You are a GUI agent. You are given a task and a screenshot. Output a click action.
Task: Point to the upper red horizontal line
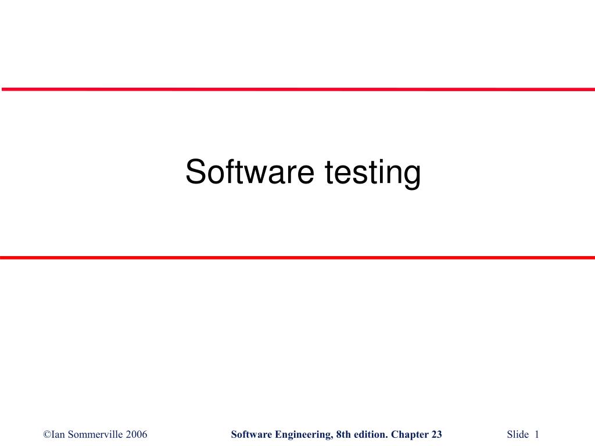tap(297, 89)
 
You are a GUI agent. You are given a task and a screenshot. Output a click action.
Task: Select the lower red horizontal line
tap(297, 257)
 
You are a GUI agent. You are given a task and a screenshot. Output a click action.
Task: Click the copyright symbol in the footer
tap(47, 434)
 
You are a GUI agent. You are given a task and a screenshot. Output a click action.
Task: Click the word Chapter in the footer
tap(410, 434)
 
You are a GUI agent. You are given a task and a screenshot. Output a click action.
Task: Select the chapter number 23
tap(437, 434)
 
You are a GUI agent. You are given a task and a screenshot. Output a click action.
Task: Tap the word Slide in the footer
tap(518, 434)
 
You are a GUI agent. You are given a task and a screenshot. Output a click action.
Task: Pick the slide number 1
tap(537, 434)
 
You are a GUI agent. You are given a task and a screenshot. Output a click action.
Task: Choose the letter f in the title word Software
tap(224, 172)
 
